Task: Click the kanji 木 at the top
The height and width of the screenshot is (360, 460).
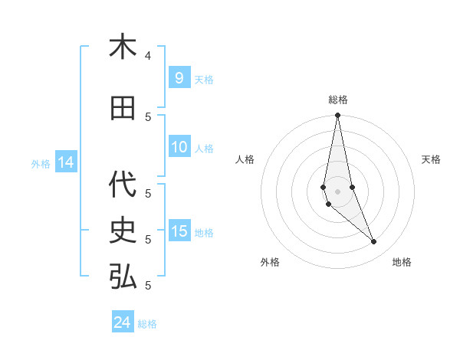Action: coord(123,47)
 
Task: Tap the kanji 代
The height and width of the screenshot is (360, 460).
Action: coord(123,184)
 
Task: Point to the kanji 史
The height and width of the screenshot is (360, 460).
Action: coord(123,230)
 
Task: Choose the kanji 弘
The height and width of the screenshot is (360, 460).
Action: coord(123,277)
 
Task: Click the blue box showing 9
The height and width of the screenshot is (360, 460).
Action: coord(179,78)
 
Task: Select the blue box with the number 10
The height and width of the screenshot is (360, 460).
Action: coord(179,147)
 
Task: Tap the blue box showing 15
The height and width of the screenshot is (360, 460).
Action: coord(179,232)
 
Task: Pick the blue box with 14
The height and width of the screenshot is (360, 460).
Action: coord(66,162)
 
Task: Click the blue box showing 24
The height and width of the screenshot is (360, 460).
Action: coord(123,322)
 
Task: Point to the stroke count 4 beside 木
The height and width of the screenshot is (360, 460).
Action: coord(148,55)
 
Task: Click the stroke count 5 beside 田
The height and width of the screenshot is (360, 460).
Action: coord(148,116)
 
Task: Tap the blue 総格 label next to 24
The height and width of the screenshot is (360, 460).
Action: coord(147,324)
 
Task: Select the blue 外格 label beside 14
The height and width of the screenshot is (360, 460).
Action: coord(41,163)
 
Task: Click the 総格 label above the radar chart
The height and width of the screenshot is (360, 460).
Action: coord(338,100)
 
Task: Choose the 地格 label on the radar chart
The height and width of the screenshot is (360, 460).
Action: coord(402,262)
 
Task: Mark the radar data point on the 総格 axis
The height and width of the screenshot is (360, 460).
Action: coord(337,116)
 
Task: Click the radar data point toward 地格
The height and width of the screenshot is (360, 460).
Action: coord(374,242)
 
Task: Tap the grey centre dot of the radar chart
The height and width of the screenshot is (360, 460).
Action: coord(337,191)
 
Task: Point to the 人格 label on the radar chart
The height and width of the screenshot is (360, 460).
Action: coord(245,159)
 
